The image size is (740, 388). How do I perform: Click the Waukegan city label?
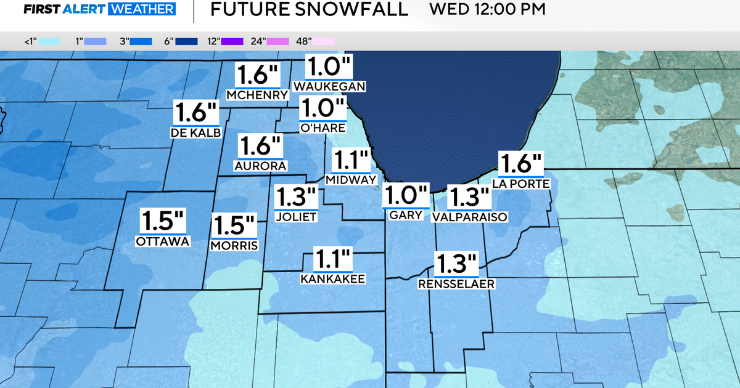click(330, 86)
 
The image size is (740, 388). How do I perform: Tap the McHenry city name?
click(258, 95)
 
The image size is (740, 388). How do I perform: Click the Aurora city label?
click(260, 166)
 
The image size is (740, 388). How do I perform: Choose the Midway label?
click(351, 180)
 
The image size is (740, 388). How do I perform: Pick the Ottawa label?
click(163, 241)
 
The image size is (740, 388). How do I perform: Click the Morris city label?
click(234, 246)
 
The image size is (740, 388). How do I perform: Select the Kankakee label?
click(333, 279)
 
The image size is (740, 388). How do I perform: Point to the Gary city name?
click(406, 215)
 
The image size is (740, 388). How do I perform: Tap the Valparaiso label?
click(469, 217)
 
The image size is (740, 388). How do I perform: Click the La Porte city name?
click(521, 183)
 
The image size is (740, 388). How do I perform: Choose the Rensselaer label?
click(457, 284)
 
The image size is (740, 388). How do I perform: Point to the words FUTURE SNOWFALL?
click(310, 10)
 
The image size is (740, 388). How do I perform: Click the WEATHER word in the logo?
click(141, 10)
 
